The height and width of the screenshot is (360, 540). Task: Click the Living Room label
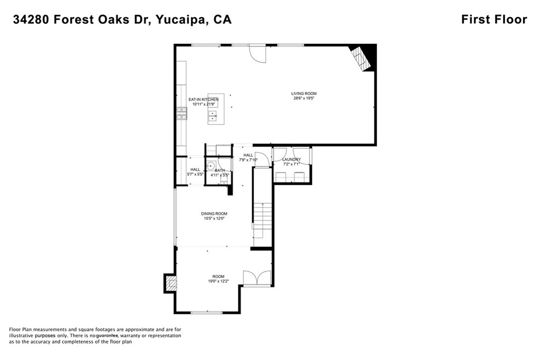304,93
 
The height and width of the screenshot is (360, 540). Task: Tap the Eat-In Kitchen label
203,100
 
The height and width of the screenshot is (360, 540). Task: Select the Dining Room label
214,213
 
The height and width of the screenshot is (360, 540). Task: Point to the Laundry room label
291,160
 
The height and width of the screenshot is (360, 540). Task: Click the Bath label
220,170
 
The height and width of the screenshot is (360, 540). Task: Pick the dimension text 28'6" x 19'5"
304,98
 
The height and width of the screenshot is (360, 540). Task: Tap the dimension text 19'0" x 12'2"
218,281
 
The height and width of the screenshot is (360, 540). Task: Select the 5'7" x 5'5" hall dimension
195,174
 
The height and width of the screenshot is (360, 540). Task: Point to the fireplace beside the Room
171,283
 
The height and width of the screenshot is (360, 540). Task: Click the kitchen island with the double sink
216,109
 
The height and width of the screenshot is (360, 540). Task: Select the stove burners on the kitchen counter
182,113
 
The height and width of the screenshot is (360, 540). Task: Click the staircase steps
263,221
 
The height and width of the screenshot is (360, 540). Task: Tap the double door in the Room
257,278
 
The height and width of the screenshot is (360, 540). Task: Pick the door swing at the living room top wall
257,54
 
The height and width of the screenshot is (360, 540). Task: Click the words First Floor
494,20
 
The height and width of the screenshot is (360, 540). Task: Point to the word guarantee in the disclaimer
107,336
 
